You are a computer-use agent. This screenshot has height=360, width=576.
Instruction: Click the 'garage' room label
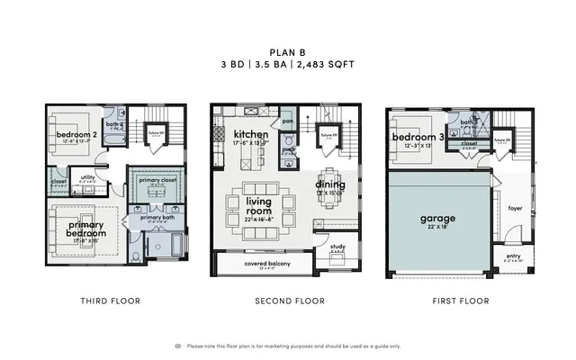437,218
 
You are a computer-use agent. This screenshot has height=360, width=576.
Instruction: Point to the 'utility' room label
88,177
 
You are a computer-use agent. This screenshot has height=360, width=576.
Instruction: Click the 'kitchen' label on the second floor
227,134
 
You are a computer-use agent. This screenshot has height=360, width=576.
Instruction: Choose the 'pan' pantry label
288,121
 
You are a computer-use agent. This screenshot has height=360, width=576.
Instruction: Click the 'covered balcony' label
261,264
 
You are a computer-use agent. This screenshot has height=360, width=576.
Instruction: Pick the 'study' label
337,246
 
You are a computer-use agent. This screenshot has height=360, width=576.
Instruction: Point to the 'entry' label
513,256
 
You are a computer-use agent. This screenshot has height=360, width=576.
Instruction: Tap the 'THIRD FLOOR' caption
110,301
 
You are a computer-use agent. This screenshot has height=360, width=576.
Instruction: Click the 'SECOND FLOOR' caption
289,301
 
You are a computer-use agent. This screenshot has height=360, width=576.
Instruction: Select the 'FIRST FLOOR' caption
460,301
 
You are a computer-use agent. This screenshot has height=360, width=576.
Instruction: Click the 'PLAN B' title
288,52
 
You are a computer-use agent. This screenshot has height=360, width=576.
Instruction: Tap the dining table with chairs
330,184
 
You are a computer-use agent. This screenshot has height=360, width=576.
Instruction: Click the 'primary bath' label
157,217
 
